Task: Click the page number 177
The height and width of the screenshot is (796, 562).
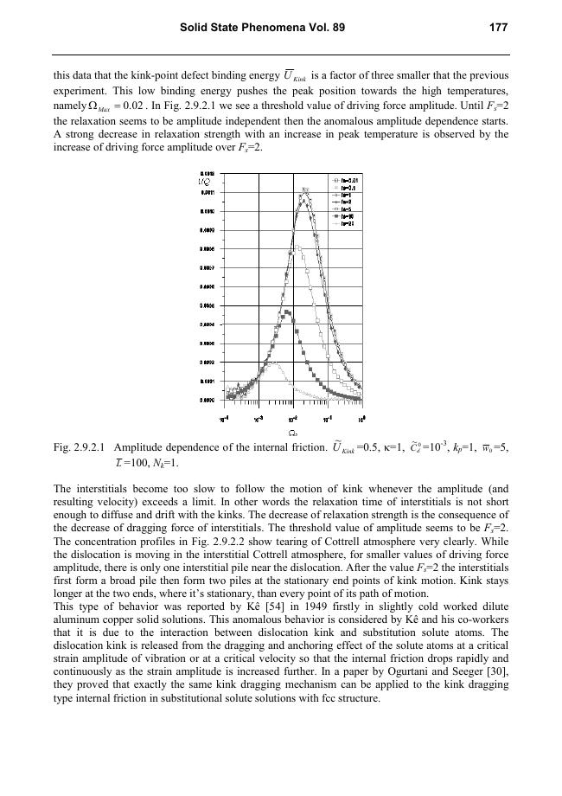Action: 497,28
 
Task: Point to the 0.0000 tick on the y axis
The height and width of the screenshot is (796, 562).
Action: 208,400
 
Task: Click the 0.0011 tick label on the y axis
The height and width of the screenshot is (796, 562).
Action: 208,193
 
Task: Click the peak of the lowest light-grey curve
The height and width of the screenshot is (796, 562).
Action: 271,364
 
